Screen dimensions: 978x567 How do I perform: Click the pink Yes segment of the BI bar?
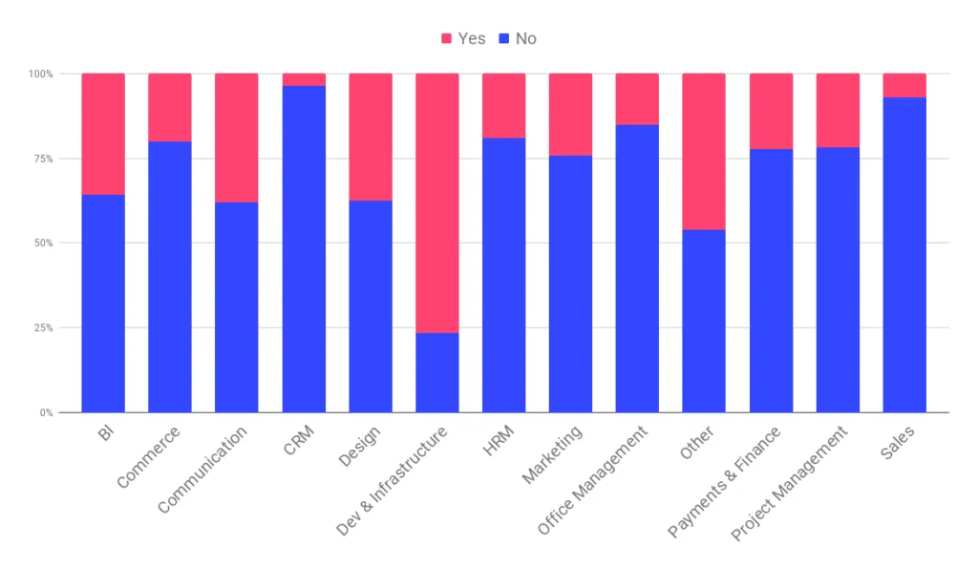(103, 134)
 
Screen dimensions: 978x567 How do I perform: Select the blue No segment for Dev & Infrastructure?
(437, 372)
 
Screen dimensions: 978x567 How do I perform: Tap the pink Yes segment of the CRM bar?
(304, 80)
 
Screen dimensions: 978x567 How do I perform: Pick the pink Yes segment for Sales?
(904, 85)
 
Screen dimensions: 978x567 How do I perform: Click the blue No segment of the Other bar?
(704, 321)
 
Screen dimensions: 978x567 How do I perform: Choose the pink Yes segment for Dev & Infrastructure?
(437, 203)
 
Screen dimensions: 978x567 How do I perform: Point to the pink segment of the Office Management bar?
(637, 99)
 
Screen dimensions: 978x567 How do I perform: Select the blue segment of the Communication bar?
(237, 307)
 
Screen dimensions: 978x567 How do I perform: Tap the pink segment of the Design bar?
(371, 137)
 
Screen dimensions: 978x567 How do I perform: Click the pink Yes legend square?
(447, 38)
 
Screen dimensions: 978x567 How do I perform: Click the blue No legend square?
(504, 38)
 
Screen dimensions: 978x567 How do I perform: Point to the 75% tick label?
(44, 158)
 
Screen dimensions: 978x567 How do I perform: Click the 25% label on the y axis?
(44, 327)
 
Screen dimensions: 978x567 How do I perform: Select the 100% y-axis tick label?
(41, 74)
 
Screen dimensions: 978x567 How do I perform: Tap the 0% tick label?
(47, 412)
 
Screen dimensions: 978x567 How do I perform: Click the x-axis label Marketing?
(552, 454)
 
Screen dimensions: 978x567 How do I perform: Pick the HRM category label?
(498, 440)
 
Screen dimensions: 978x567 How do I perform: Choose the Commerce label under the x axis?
(148, 456)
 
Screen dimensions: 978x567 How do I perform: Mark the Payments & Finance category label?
(724, 482)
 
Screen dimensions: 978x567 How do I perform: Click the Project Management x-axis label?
(789, 483)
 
